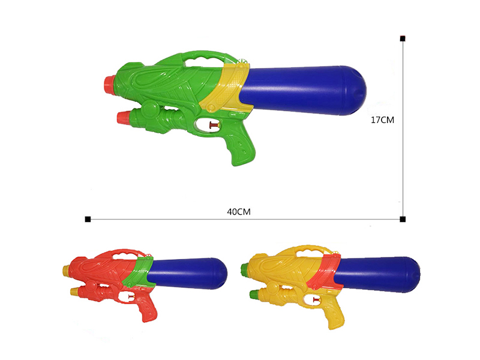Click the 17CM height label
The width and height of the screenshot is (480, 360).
382,120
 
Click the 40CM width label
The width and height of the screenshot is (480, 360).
238,211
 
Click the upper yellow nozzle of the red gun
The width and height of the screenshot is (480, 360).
65,271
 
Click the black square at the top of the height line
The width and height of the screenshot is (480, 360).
403,39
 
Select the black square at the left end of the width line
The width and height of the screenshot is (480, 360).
88,218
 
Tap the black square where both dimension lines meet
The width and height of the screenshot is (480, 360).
403,218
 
